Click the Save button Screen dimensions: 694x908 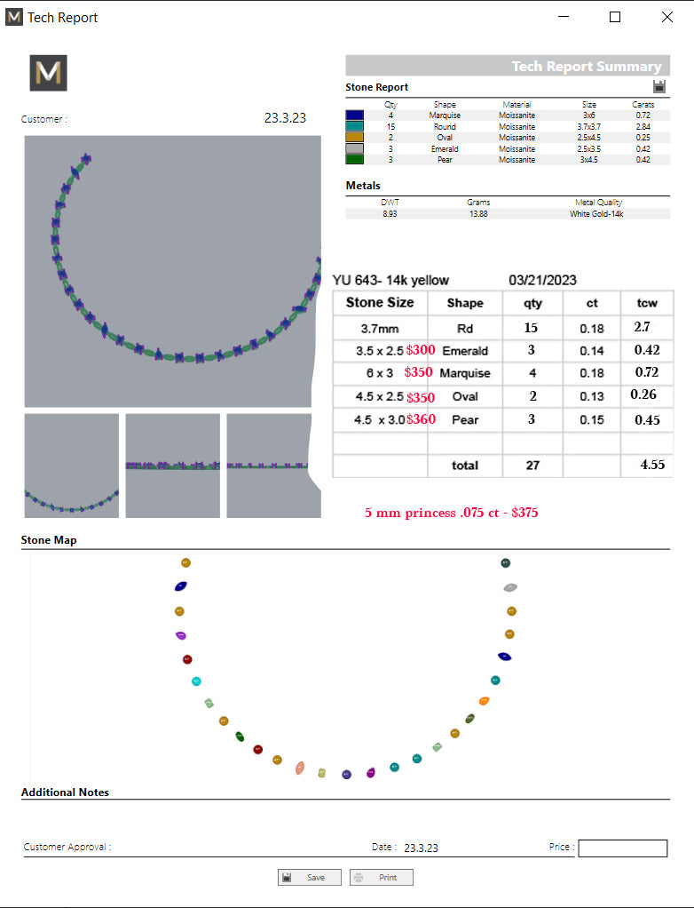click(x=310, y=877)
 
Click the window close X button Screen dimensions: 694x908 click(x=666, y=17)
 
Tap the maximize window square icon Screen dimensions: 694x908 click(x=615, y=17)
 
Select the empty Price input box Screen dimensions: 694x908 click(x=622, y=848)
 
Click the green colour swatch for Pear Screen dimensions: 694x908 click(x=354, y=159)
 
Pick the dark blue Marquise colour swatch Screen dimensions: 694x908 click(x=354, y=115)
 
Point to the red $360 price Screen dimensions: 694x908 click(x=421, y=419)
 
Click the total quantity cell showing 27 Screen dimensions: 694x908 click(x=532, y=465)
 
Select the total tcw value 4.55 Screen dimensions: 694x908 click(x=652, y=465)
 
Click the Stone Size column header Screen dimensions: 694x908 click(x=380, y=302)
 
